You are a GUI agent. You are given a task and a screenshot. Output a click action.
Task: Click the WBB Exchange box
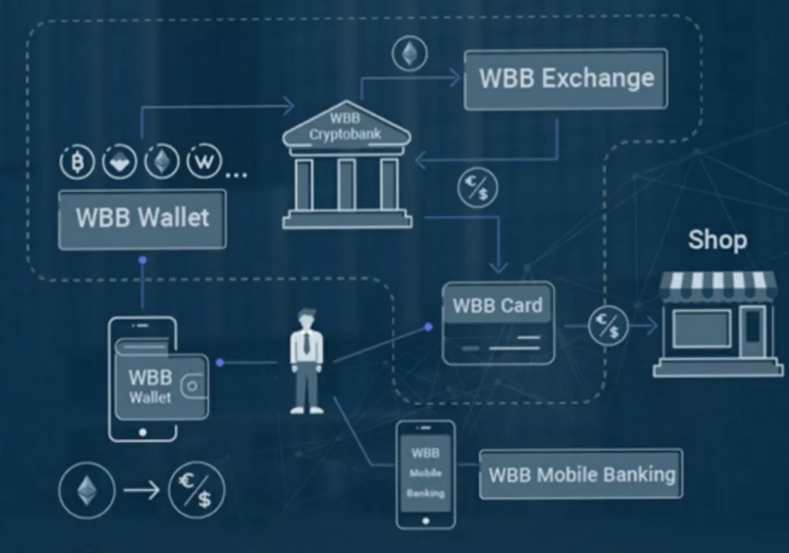(x=566, y=79)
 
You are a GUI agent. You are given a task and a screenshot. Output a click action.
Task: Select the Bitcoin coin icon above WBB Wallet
(x=77, y=162)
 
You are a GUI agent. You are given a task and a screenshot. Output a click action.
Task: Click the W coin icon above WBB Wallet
(x=204, y=161)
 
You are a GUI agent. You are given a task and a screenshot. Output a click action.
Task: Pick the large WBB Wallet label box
(x=142, y=219)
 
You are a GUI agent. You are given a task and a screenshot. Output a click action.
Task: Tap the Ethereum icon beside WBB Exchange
(x=410, y=53)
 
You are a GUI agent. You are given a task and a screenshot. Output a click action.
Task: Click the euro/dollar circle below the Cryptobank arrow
(x=478, y=188)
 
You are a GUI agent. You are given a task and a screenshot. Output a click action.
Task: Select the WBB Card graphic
(x=498, y=323)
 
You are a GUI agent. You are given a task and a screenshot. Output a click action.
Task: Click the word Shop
(x=717, y=240)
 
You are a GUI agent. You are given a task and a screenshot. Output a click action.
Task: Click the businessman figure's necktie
(x=306, y=343)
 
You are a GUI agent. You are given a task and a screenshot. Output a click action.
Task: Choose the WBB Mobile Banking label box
(x=581, y=474)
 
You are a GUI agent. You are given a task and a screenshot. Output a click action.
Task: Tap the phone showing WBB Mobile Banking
(x=426, y=475)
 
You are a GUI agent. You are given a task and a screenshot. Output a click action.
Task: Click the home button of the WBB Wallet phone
(x=143, y=432)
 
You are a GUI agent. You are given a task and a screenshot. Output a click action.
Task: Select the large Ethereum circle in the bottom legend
(x=87, y=490)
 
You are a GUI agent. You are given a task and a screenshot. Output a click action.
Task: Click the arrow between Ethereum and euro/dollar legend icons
(x=141, y=490)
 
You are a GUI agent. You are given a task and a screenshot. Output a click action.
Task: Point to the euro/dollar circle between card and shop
(x=608, y=326)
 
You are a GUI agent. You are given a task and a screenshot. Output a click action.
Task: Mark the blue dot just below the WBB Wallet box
(x=143, y=260)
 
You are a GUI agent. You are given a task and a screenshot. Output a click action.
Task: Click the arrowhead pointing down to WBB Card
(x=499, y=267)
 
